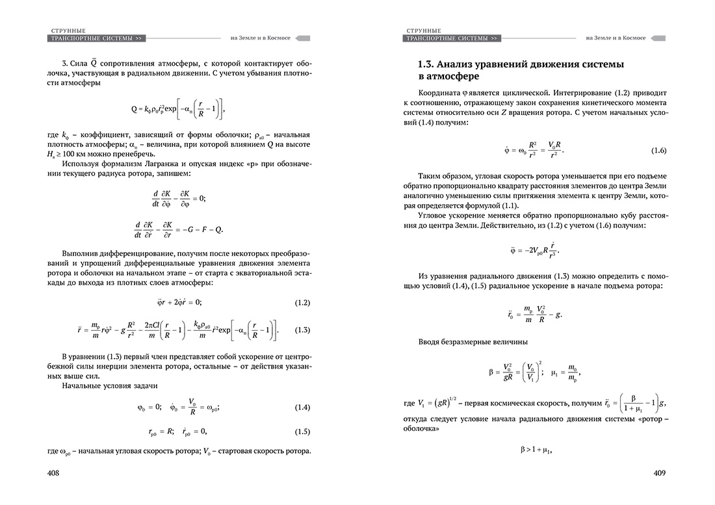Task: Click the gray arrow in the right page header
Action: click(658, 38)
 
